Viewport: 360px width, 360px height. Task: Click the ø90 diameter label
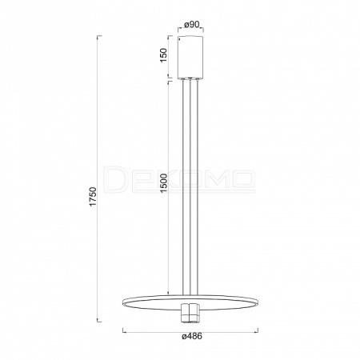click(x=192, y=25)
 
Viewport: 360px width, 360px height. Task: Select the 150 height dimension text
click(x=163, y=55)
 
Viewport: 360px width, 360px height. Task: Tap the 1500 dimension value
click(x=163, y=183)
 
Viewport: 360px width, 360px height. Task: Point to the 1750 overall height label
click(x=93, y=197)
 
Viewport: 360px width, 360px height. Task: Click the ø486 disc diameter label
click(x=192, y=336)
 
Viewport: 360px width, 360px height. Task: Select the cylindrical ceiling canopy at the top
click(x=190, y=57)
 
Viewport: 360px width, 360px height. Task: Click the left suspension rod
click(x=183, y=187)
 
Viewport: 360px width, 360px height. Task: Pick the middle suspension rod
click(x=190, y=187)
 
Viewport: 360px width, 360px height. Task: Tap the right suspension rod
click(x=198, y=187)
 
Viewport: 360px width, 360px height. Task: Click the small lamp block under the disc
click(x=190, y=313)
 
